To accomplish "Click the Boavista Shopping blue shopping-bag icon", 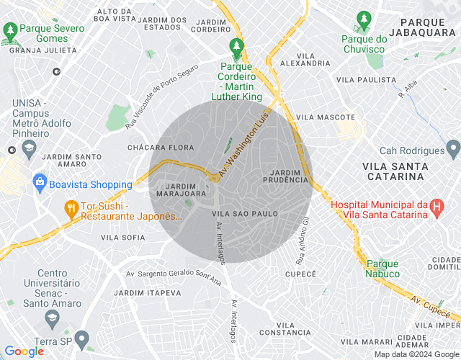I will [x=40, y=184].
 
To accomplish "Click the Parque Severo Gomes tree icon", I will [x=11, y=30].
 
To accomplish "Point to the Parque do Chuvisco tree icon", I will [x=364, y=18].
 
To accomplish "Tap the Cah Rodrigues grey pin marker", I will [x=452, y=150].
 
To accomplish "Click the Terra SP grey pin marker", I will [x=81, y=338].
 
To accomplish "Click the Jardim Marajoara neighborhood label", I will [x=177, y=189].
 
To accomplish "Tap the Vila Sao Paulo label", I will [x=246, y=214].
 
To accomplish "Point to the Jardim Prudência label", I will [x=290, y=176].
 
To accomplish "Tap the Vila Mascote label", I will [x=326, y=117].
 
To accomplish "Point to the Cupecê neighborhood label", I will [x=301, y=274].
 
